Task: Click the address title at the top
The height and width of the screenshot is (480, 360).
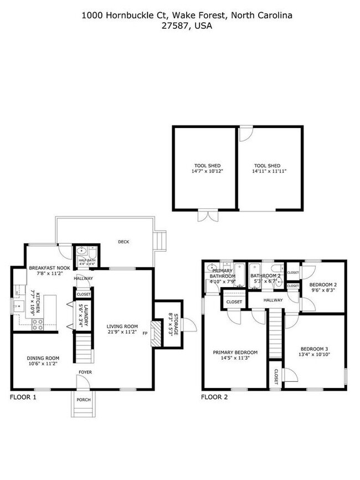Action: tap(187, 21)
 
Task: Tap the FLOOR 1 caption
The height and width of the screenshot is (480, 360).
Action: tap(23, 397)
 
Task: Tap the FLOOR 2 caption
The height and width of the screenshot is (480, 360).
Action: tap(214, 397)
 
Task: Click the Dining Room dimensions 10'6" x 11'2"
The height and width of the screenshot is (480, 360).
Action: tap(36, 365)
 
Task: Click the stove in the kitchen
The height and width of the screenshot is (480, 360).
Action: tap(38, 325)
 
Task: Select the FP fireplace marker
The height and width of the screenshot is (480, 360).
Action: tap(145, 333)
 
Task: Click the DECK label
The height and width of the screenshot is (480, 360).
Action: tap(124, 242)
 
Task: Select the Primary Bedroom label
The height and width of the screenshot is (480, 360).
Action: tap(236, 355)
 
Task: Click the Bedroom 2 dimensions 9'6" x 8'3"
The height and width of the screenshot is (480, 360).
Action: tap(323, 289)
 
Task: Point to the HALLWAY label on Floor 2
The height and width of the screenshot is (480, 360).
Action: tap(273, 300)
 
